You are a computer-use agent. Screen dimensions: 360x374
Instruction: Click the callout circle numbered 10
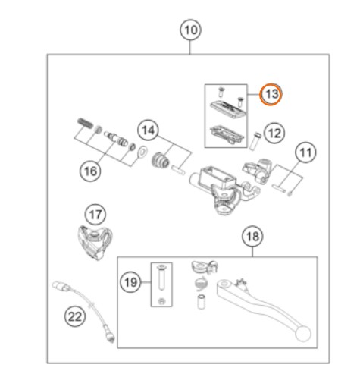(x=190, y=30)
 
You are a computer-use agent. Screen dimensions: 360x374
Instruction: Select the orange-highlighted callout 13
(x=271, y=94)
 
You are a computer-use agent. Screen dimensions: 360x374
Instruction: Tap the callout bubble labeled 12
(x=274, y=133)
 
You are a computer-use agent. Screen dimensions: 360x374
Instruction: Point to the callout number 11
(x=305, y=152)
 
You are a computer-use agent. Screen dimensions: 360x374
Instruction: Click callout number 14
(x=149, y=130)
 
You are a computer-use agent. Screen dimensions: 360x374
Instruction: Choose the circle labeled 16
(x=90, y=171)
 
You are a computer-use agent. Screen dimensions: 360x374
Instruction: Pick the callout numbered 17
(x=95, y=215)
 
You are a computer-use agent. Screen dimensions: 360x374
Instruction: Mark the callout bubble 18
(x=252, y=237)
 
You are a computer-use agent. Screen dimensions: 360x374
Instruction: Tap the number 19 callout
(x=130, y=282)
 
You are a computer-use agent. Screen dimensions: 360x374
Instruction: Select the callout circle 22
(x=75, y=316)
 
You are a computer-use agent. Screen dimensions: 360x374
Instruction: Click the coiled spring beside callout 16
(x=85, y=124)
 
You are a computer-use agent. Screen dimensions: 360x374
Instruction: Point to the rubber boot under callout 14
(x=160, y=160)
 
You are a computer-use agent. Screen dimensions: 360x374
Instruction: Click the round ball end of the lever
(x=302, y=334)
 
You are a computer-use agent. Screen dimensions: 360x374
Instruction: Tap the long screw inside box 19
(x=161, y=277)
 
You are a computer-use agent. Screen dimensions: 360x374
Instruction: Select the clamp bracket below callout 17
(x=95, y=242)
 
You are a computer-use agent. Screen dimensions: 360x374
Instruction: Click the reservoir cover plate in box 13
(x=227, y=108)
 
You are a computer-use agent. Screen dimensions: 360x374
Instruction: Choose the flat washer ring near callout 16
(x=142, y=152)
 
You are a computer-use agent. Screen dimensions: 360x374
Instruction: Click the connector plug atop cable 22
(x=61, y=286)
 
